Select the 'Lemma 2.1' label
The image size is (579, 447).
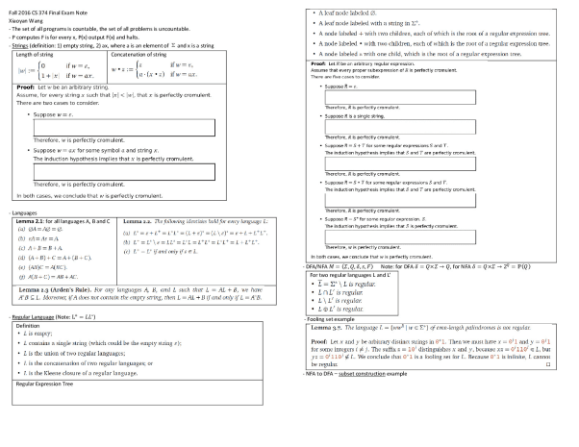(34, 222)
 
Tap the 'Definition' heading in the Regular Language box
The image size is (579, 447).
(29, 326)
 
